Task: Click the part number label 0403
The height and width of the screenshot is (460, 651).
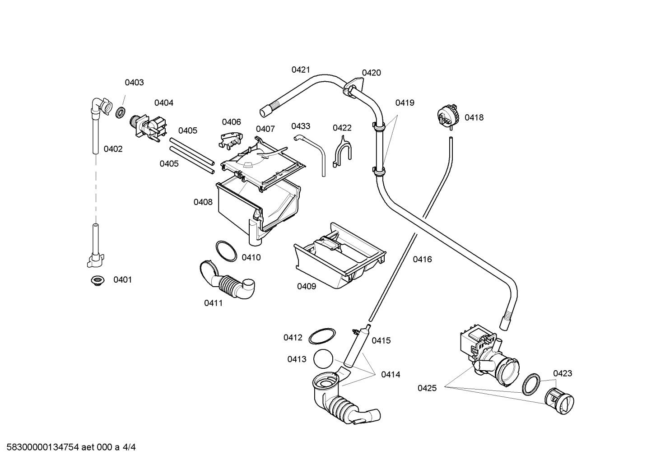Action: [x=134, y=83]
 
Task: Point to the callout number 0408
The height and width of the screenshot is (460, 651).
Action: [x=203, y=202]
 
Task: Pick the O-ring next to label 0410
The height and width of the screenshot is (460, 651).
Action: [x=226, y=251]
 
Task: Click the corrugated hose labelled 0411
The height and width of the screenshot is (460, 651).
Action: [x=227, y=280]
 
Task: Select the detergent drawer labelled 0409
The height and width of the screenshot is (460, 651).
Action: [x=339, y=256]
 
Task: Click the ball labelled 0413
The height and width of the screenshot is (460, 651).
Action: [x=323, y=359]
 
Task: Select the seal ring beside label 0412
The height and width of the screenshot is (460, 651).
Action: [x=322, y=336]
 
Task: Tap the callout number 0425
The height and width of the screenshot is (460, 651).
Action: [x=427, y=388]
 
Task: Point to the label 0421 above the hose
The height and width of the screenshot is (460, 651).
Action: [x=301, y=70]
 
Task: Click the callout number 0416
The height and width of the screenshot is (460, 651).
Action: [x=422, y=259]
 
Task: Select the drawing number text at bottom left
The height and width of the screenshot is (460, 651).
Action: [x=71, y=447]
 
